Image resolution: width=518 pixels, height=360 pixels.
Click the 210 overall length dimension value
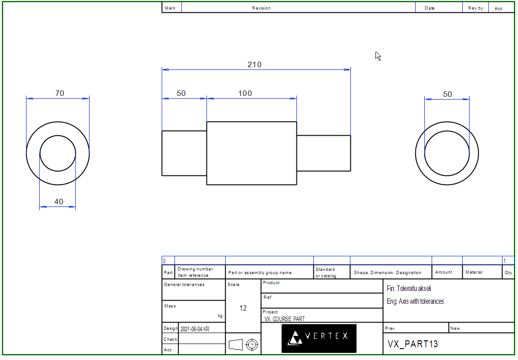pyautogui.click(x=254, y=65)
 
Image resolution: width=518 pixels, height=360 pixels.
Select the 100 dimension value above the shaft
pyautogui.click(x=245, y=94)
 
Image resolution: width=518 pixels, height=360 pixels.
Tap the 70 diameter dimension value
pyautogui.click(x=60, y=94)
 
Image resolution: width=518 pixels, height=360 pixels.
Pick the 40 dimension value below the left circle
pyautogui.click(x=59, y=201)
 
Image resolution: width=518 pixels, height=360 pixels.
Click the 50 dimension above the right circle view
pyautogui.click(x=447, y=95)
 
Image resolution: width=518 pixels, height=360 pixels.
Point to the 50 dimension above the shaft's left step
pyautogui.click(x=181, y=94)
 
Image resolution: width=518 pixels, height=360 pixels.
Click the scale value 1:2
pyautogui.click(x=243, y=308)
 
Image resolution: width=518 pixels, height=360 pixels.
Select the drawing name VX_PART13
pyautogui.click(x=412, y=344)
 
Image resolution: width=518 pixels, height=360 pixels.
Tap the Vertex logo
pyautogui.click(x=319, y=338)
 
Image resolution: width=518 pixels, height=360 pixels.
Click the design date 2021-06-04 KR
pyautogui.click(x=195, y=329)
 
